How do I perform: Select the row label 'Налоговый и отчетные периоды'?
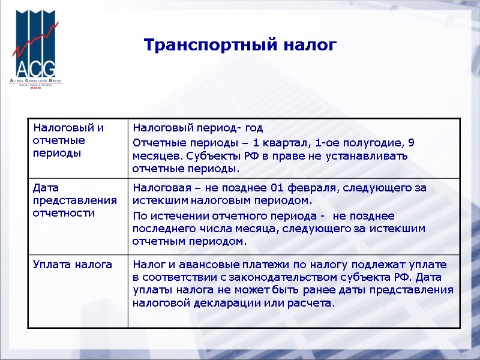tap(68, 140)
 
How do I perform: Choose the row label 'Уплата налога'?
tap(73, 265)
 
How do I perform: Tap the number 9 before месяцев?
tap(411, 143)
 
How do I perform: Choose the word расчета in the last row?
tap(310, 304)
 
